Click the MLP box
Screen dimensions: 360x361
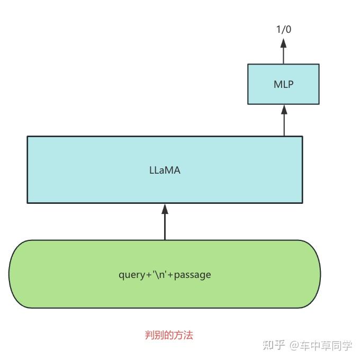pyautogui.click(x=283, y=84)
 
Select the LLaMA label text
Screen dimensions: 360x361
pyautogui.click(x=165, y=170)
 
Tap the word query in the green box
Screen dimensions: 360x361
pyautogui.click(x=131, y=275)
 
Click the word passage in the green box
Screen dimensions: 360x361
pyautogui.click(x=193, y=275)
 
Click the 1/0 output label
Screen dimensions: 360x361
pyautogui.click(x=283, y=29)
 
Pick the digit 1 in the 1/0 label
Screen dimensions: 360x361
pyautogui.click(x=278, y=29)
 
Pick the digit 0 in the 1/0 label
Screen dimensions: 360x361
pyautogui.click(x=288, y=29)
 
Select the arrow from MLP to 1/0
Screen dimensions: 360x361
pyautogui.click(x=283, y=52)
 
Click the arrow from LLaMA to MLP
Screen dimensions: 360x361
pyautogui.click(x=284, y=122)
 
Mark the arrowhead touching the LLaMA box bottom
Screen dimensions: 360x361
pyautogui.click(x=165, y=209)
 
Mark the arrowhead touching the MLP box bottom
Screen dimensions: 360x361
pyautogui.click(x=284, y=110)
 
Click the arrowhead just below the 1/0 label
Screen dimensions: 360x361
pyautogui.click(x=283, y=43)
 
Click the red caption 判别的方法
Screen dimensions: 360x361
pyautogui.click(x=169, y=335)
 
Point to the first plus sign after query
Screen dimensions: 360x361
pyautogui.click(x=148, y=275)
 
